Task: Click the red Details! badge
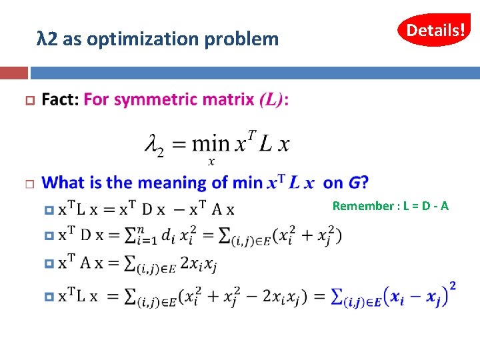coord(434,30)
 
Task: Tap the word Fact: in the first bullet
coord(60,100)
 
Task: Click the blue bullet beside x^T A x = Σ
coord(48,264)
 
